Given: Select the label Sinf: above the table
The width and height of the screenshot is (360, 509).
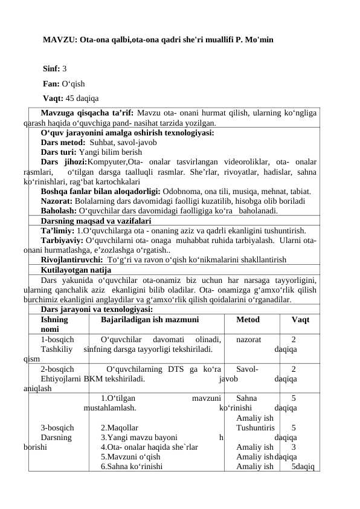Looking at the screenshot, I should click(52, 70).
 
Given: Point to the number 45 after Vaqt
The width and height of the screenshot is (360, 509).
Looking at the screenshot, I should click(71, 99).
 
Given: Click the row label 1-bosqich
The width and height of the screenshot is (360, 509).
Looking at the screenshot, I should click(57, 340).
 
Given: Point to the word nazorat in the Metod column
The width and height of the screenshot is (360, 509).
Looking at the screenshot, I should click(248, 340).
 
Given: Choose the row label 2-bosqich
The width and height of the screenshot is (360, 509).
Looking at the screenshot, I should click(57, 369).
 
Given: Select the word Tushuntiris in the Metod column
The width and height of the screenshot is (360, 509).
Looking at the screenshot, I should click(256, 427).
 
